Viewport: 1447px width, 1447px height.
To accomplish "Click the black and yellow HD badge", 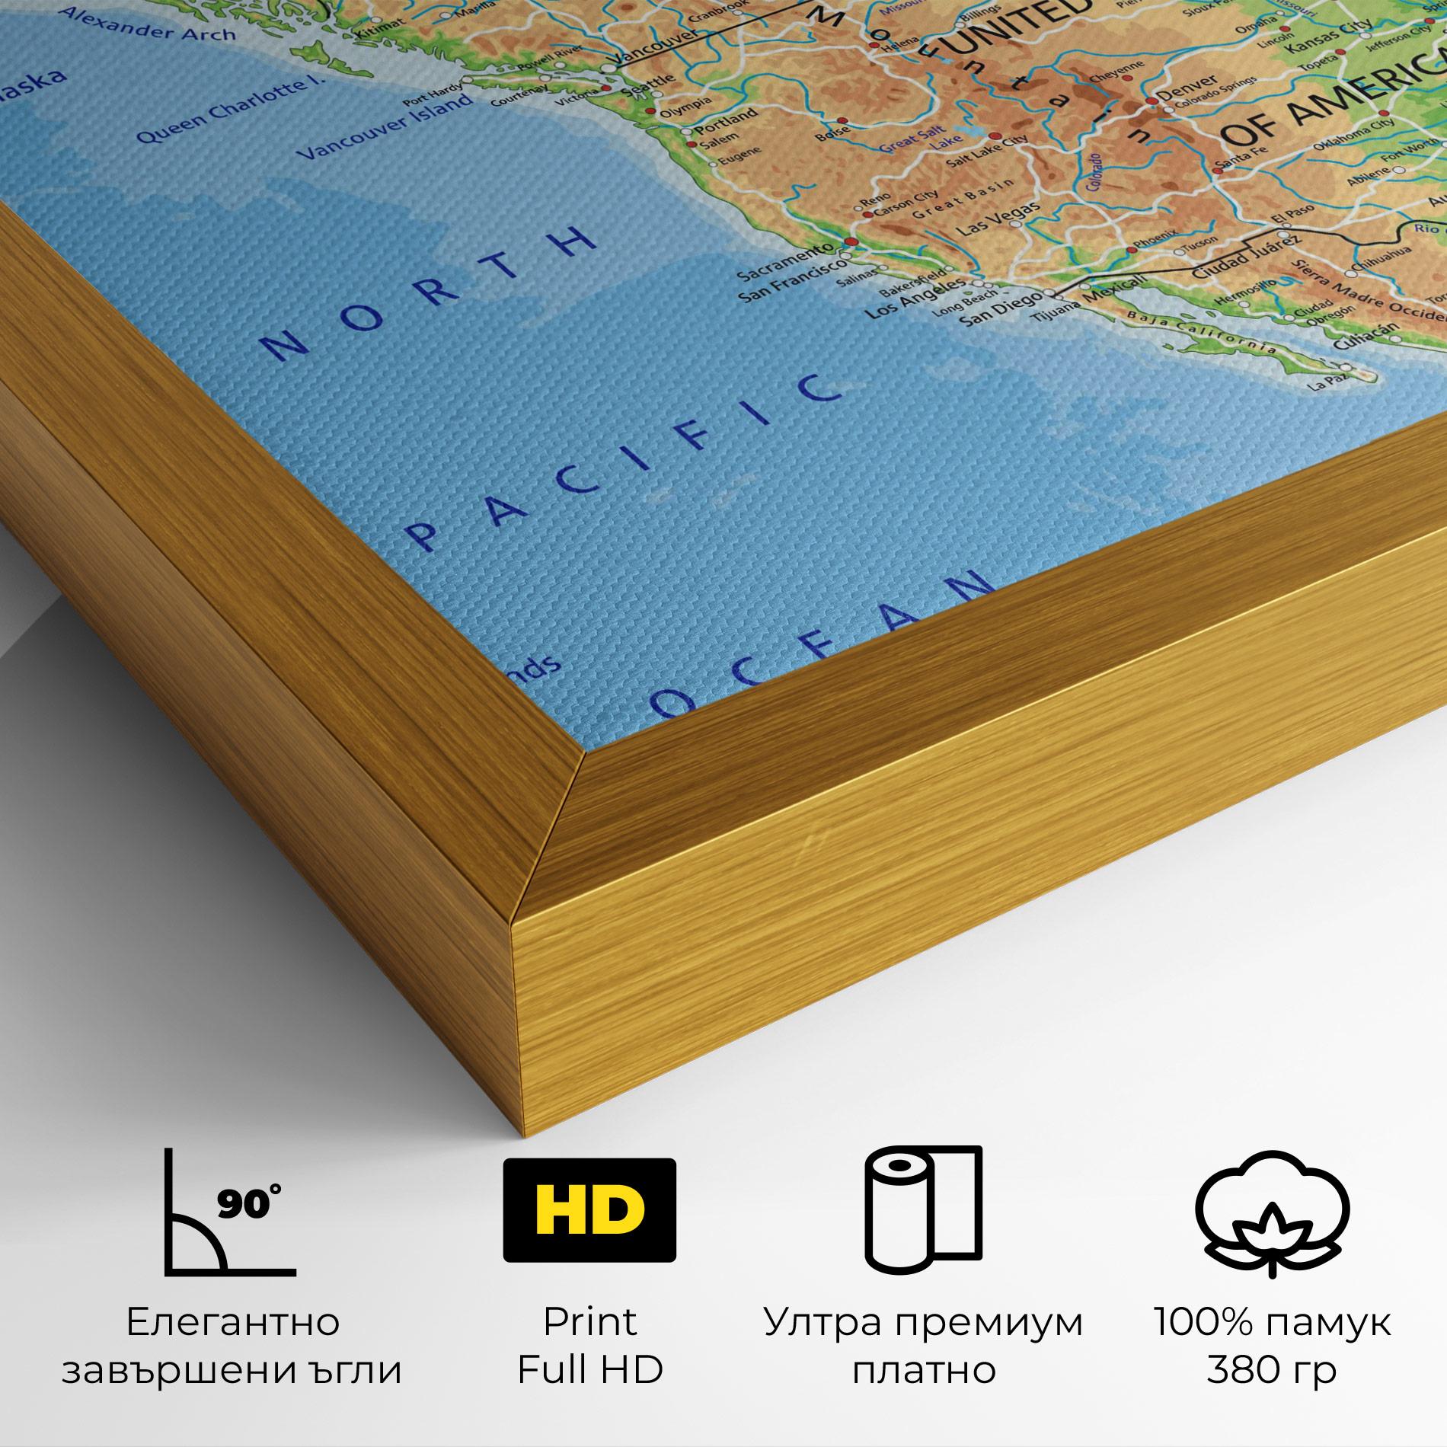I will click(589, 1209).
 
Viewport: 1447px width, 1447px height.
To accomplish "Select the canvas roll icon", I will click(922, 1210).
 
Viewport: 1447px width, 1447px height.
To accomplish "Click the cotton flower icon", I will click(1271, 1212).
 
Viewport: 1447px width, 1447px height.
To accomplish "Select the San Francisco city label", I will click(792, 279).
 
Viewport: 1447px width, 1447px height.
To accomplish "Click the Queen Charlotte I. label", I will click(228, 110).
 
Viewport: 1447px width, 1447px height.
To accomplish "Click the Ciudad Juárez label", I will click(1235, 256).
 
